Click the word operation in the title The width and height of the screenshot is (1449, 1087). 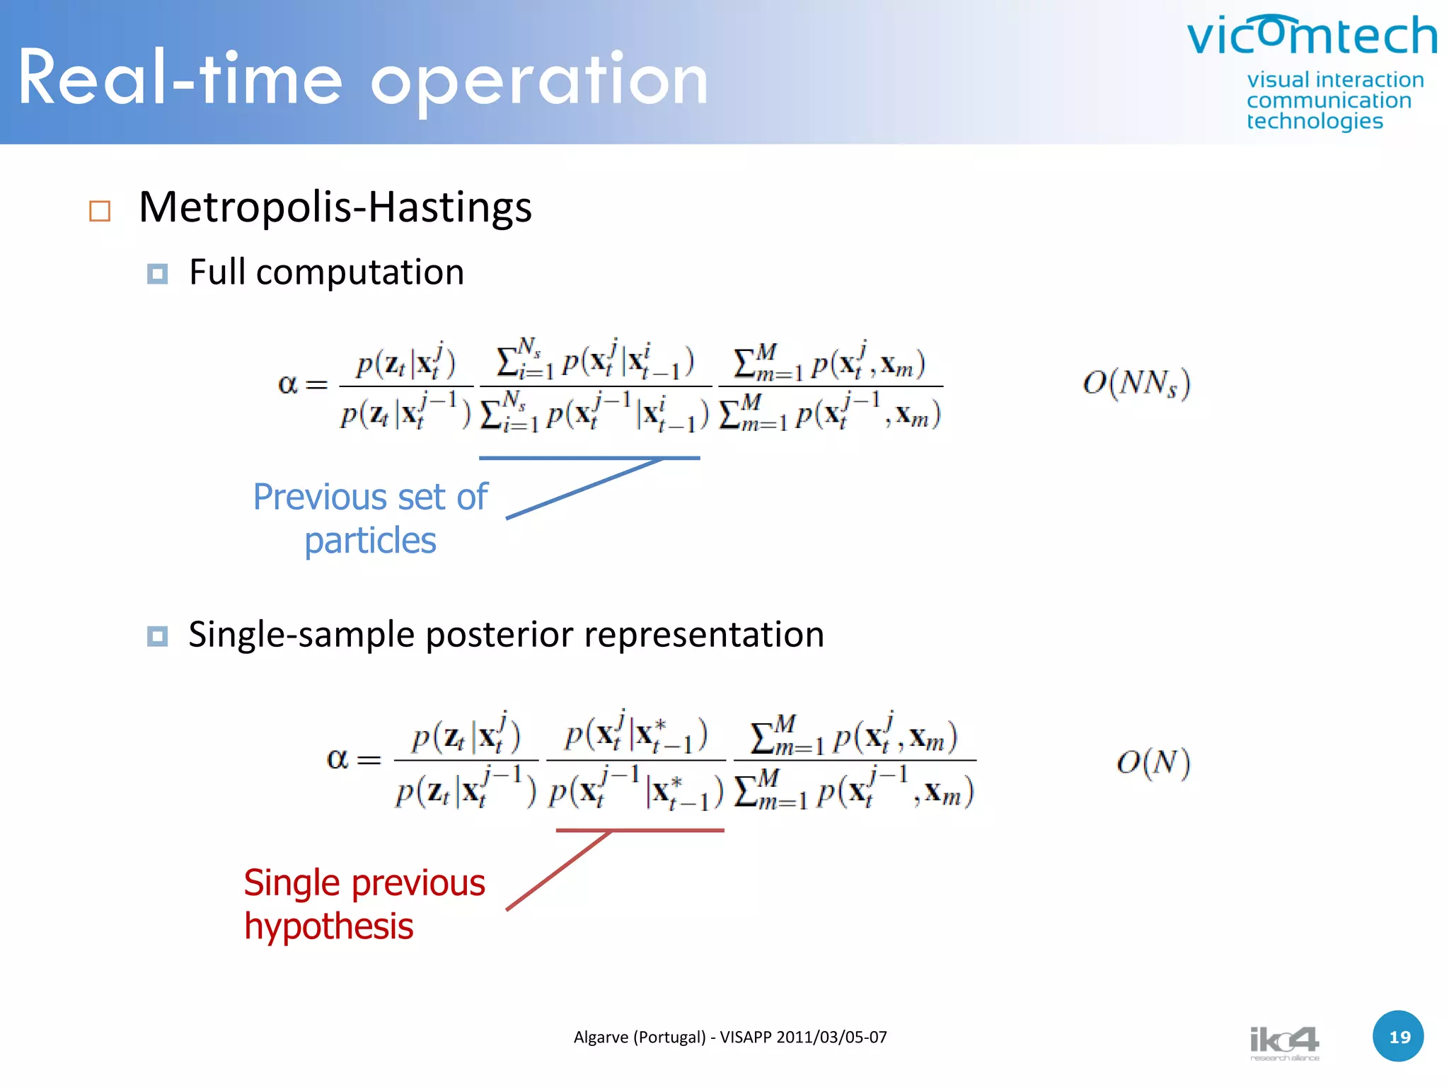click(x=539, y=81)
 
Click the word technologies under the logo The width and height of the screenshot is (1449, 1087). click(x=1315, y=121)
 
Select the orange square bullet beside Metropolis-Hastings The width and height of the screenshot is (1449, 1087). click(x=100, y=211)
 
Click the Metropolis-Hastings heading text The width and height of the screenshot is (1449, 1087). click(x=335, y=207)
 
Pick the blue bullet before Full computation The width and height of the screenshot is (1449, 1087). click(x=157, y=274)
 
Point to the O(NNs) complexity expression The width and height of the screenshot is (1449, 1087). click(x=1136, y=384)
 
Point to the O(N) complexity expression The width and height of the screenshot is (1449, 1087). click(x=1153, y=763)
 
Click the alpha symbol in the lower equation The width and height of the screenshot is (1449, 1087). click(x=337, y=759)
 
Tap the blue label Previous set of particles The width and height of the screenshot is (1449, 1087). click(x=370, y=518)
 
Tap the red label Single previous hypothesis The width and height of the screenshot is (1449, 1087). click(x=364, y=904)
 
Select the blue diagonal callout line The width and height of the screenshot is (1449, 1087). click(x=584, y=489)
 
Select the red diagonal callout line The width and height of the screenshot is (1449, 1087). click(x=559, y=870)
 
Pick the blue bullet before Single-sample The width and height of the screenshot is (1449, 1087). click(x=157, y=636)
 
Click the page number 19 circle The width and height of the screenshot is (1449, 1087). click(x=1398, y=1037)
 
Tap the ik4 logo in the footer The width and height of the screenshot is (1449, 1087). click(x=1283, y=1042)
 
